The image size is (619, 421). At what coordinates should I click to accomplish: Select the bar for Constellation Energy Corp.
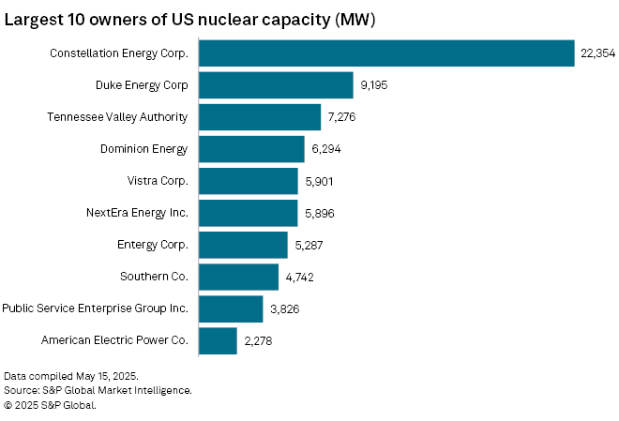pos(385,53)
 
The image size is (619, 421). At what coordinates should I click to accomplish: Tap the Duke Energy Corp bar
pos(276,85)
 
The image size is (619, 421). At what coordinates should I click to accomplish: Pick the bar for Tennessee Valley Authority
pos(260,117)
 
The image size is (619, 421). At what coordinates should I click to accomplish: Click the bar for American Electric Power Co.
pos(218,340)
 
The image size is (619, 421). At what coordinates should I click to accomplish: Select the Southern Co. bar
pos(238,277)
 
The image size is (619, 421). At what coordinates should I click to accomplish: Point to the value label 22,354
pos(597,53)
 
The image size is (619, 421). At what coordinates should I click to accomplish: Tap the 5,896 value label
pos(319,213)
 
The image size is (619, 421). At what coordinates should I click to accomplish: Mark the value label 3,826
pos(284,308)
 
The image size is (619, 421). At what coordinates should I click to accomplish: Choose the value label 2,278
pos(258,340)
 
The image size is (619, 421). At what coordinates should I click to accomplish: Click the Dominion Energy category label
pos(143,149)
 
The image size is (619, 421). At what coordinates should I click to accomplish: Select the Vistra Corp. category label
pos(158,181)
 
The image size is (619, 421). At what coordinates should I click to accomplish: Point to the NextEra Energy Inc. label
pos(137,213)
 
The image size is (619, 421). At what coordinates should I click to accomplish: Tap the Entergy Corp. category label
pos(153,245)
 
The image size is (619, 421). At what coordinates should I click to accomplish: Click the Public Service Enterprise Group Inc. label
pos(95,308)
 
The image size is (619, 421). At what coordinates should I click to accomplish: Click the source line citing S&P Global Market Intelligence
pos(98,390)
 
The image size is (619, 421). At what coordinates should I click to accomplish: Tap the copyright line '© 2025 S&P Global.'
pos(50,405)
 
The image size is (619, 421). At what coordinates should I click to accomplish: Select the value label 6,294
pos(326,149)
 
